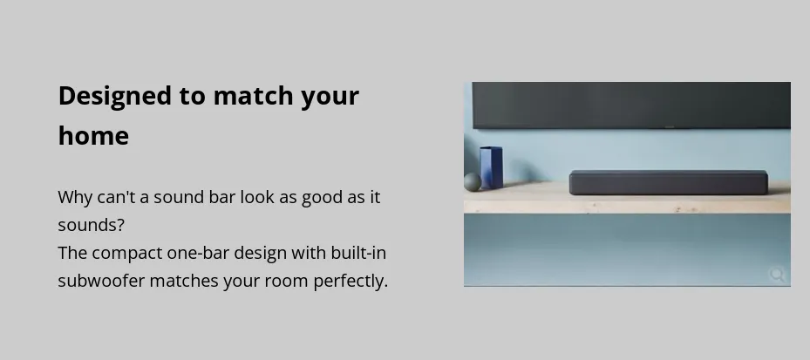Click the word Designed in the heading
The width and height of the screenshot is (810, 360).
point(115,97)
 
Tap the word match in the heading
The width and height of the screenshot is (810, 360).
point(253,96)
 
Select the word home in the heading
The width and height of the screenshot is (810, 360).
point(93,136)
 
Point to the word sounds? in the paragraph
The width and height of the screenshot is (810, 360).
point(91,225)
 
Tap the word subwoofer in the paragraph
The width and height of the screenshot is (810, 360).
point(101,281)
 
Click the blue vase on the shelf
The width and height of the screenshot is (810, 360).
point(491,167)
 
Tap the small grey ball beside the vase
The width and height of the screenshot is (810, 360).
point(473,182)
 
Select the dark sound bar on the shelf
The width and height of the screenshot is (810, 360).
point(669,182)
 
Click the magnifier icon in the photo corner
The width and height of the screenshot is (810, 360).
point(777,275)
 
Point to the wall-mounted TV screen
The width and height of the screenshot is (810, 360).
point(631,105)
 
